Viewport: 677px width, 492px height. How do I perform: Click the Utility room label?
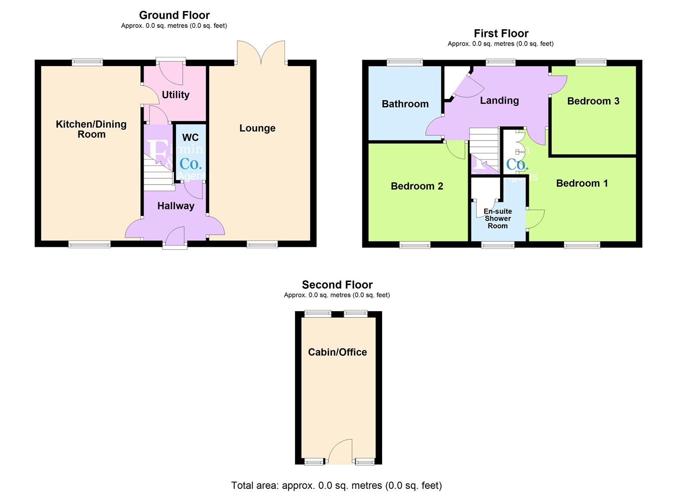(176, 95)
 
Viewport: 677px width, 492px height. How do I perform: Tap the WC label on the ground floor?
(190, 138)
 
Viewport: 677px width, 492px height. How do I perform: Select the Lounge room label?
(257, 128)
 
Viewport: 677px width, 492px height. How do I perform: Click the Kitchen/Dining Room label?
(91, 129)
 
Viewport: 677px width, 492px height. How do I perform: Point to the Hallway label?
(176, 206)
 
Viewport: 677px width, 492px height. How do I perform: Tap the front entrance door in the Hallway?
(175, 238)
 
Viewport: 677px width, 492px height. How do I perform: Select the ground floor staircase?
(158, 173)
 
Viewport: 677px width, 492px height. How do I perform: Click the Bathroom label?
(405, 104)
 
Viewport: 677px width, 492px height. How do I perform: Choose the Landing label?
(499, 101)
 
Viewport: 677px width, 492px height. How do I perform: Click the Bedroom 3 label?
(593, 101)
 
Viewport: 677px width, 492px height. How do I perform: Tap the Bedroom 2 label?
(417, 186)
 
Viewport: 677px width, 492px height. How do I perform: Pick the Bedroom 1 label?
(582, 184)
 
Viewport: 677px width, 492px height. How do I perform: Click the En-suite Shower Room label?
(497, 219)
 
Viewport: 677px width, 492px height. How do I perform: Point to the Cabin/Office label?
(337, 352)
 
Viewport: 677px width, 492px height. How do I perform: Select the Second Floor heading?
(337, 285)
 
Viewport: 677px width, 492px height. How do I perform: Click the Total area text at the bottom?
(336, 485)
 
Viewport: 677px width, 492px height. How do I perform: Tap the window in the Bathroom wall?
(405, 62)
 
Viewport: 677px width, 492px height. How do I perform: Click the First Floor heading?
(501, 33)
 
